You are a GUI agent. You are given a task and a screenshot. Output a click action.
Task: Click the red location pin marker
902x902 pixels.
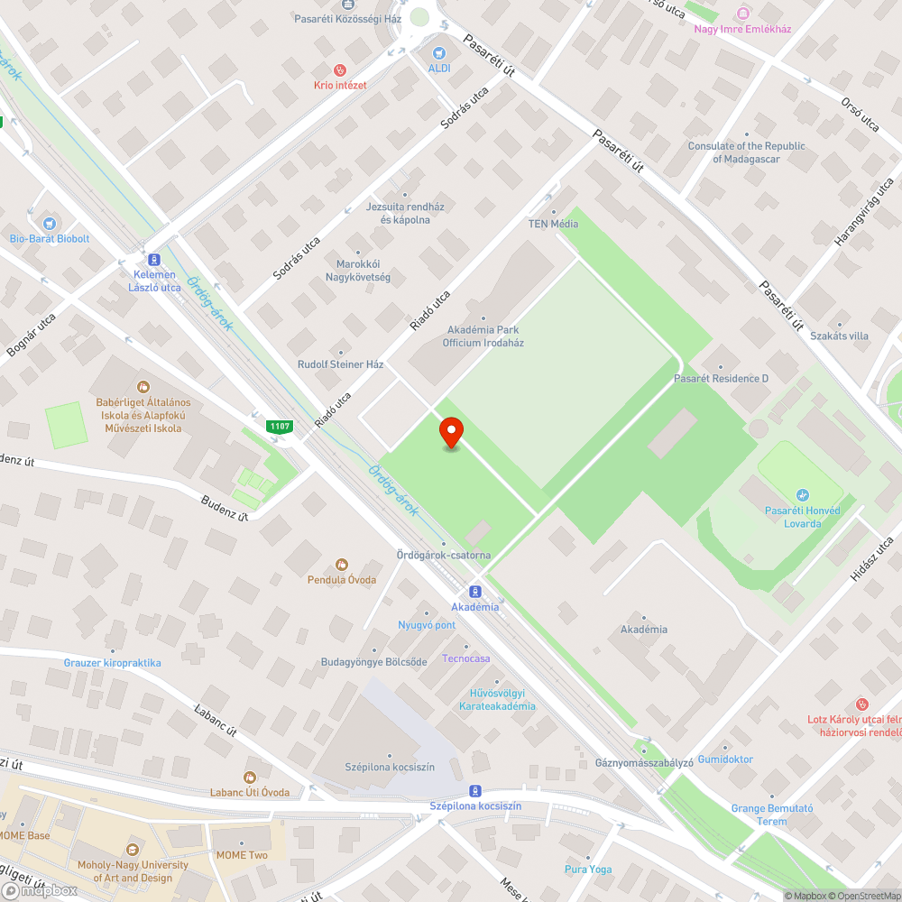[x=450, y=432]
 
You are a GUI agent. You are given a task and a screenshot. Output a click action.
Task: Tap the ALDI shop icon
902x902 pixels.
[x=439, y=53]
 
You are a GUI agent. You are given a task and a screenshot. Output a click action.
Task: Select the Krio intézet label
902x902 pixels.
[x=339, y=85]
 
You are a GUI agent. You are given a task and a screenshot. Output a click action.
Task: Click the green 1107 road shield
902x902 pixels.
[x=279, y=426]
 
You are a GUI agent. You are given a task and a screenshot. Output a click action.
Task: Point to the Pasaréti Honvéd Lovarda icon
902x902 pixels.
[x=803, y=495]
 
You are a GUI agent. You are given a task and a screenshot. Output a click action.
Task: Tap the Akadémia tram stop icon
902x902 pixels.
[x=475, y=592]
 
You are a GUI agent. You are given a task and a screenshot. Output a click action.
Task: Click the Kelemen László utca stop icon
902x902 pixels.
[x=153, y=259]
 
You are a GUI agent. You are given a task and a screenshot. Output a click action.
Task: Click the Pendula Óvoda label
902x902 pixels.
[x=341, y=579]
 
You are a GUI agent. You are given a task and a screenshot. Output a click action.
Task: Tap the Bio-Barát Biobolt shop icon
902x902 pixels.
[x=49, y=223]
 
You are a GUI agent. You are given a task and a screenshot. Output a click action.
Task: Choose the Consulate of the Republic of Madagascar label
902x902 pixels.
[x=746, y=152]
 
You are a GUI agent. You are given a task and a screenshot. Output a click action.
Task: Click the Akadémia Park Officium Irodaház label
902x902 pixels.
[x=483, y=336]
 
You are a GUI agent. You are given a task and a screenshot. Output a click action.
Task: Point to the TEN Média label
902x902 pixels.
[x=553, y=224]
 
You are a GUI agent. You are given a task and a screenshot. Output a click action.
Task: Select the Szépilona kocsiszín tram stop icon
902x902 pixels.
[x=475, y=790]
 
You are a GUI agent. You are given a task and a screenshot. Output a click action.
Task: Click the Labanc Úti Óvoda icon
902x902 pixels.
[x=251, y=777]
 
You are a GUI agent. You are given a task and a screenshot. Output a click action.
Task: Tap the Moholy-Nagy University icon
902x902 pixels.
[x=133, y=850]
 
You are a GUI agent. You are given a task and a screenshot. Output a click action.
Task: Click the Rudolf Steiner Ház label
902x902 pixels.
[x=340, y=364]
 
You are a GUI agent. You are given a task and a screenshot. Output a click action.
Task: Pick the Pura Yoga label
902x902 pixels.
[x=588, y=870]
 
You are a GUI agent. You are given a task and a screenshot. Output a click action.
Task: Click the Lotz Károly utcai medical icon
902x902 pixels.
[x=861, y=704]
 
